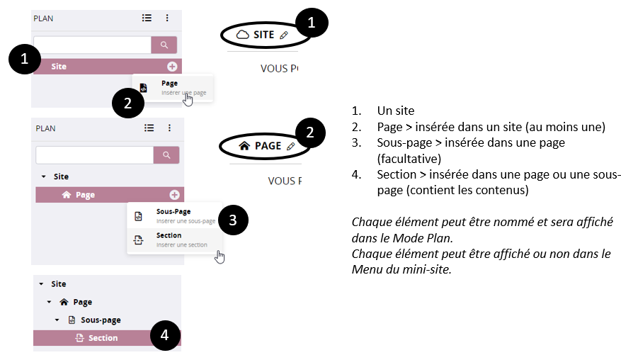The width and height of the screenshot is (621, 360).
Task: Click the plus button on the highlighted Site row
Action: pos(172,67)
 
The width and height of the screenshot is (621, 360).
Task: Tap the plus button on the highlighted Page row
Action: pos(174,195)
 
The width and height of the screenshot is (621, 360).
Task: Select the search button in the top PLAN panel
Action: pos(164,45)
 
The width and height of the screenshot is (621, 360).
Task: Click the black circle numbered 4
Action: pos(165,335)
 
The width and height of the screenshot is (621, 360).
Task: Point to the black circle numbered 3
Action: pos(233,220)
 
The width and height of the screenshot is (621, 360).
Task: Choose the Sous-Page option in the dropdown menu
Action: pos(175,216)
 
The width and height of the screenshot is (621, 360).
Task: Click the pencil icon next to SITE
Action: pos(283,35)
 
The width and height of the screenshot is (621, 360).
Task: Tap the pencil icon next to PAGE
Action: pos(291,146)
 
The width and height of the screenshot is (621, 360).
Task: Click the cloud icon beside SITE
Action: pos(242,35)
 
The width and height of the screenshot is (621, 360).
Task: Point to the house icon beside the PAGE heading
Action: pos(244,146)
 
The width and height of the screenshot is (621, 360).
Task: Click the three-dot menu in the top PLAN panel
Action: pos(167,18)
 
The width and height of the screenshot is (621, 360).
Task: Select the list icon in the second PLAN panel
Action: pos(149,128)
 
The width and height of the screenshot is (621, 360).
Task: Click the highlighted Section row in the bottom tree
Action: pos(107,338)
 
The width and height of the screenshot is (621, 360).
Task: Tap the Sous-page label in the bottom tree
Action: pos(101,320)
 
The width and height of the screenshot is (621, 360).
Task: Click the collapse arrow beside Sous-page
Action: pos(57,320)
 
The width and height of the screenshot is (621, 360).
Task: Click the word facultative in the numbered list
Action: pos(409,159)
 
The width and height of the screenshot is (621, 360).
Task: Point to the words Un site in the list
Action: pos(396,111)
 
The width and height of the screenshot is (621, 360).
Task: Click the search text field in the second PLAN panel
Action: pos(95,155)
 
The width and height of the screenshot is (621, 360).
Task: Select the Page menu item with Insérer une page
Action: pos(173,88)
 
